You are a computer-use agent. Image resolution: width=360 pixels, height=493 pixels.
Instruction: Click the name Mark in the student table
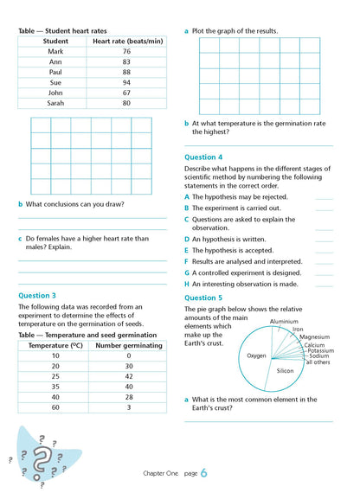(x=55, y=52)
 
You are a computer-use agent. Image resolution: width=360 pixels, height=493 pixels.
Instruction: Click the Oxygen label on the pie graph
(x=256, y=355)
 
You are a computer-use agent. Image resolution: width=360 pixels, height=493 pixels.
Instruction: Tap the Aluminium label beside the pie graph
(x=284, y=321)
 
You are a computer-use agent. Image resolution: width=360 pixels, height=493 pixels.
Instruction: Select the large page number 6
(x=203, y=473)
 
